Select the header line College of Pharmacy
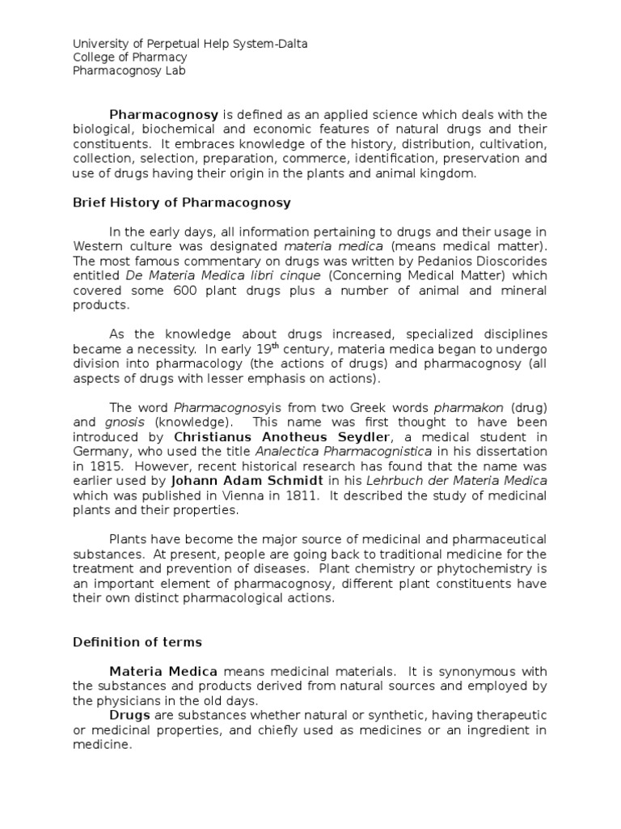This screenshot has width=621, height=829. [x=130, y=57]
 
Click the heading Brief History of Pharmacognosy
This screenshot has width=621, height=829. [x=182, y=202]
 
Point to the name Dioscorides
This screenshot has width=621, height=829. [x=510, y=261]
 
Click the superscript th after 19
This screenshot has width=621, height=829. [x=275, y=345]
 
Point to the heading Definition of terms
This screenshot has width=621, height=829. [x=137, y=642]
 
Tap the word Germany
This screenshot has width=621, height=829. [x=99, y=452]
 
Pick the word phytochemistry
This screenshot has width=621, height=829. [x=478, y=568]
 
